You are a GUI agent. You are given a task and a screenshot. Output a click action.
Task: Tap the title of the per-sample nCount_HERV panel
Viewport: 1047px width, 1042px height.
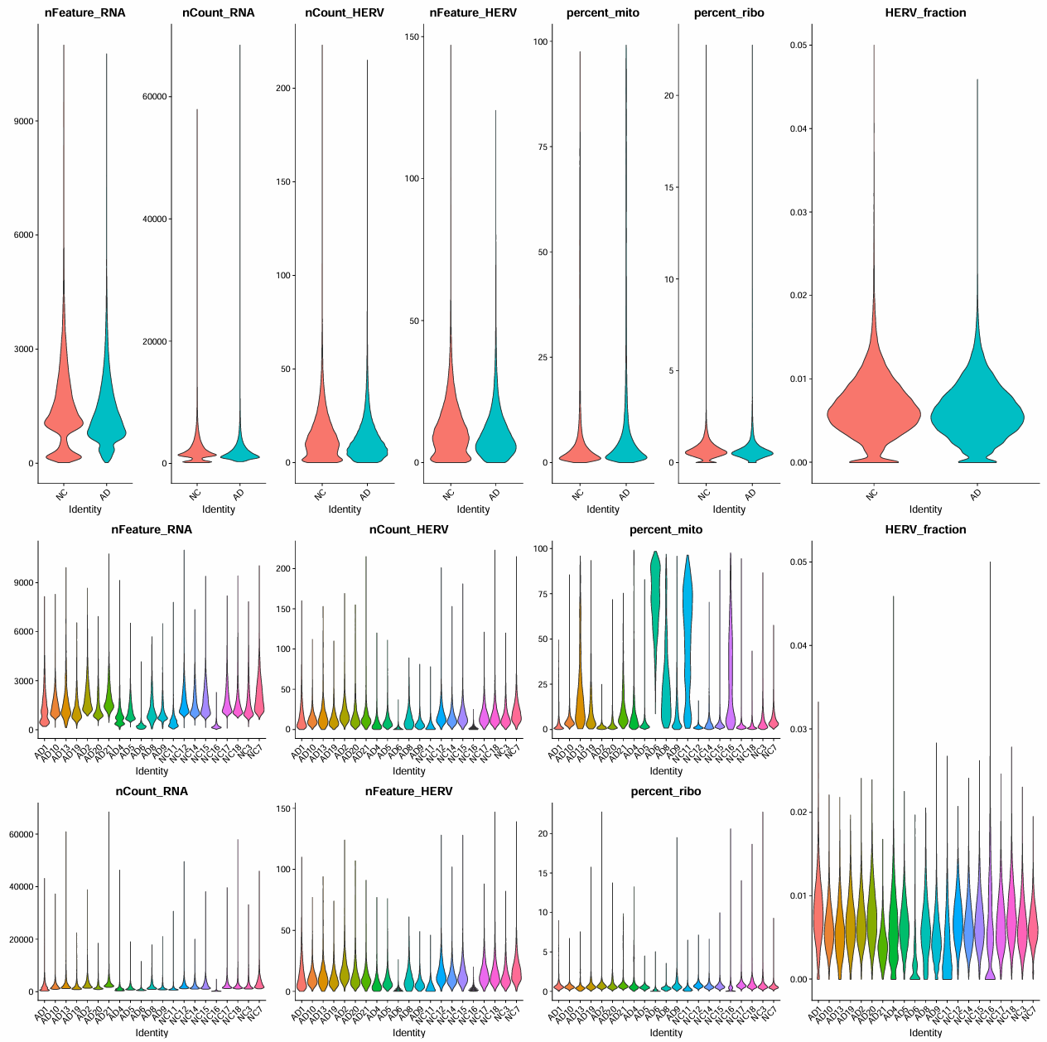click(408, 529)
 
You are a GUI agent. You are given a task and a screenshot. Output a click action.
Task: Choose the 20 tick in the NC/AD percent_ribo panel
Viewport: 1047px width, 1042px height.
click(668, 95)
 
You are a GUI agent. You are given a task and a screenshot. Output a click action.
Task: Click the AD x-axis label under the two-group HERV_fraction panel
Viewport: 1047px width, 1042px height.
click(976, 494)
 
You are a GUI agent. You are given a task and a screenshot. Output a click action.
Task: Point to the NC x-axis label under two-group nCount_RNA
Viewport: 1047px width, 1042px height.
click(195, 494)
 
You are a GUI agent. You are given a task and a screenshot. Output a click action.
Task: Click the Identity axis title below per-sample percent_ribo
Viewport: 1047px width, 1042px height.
click(666, 1033)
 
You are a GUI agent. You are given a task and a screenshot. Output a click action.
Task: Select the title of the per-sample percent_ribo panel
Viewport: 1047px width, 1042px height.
click(666, 791)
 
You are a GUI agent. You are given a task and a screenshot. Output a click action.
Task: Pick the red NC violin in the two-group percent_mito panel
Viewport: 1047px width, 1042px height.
click(580, 451)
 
